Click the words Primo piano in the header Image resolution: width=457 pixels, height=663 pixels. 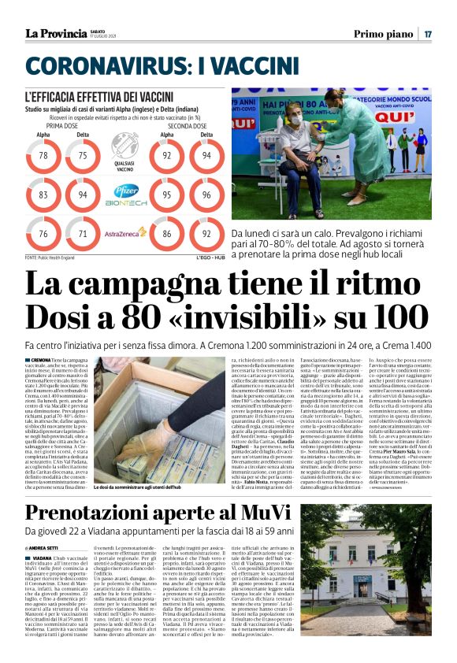[384, 34]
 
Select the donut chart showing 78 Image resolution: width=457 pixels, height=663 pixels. [43, 156]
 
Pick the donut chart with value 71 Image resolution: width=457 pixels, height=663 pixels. [83, 234]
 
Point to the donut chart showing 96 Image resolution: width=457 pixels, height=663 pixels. [206, 194]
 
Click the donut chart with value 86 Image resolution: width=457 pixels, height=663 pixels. [167, 234]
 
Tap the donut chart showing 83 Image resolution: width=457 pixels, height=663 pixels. [43, 194]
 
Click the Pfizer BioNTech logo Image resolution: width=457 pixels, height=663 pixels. [124, 194]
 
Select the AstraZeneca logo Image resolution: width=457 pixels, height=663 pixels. [124, 233]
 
